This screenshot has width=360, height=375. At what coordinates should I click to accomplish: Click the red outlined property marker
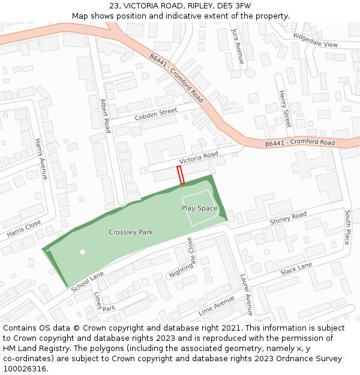[180, 175]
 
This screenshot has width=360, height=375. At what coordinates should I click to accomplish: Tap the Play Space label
[199, 208]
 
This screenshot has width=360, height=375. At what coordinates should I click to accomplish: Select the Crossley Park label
[131, 232]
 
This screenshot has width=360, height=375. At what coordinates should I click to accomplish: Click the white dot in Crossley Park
[83, 252]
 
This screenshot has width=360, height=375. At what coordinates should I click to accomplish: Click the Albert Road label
[106, 116]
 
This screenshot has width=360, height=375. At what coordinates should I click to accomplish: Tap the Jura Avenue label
[237, 46]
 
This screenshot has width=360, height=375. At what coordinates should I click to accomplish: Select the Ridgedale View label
[316, 41]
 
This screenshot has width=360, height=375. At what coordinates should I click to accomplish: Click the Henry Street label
[284, 109]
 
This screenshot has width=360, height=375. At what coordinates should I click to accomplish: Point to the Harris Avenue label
[41, 158]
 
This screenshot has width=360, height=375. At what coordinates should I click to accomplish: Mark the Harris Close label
[24, 227]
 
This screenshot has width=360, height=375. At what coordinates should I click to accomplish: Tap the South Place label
[347, 227]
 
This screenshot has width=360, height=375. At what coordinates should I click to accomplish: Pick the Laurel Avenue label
[246, 295]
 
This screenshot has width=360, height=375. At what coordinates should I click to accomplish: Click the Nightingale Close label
[182, 257]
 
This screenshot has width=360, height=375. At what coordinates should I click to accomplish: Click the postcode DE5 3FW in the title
[234, 6]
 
